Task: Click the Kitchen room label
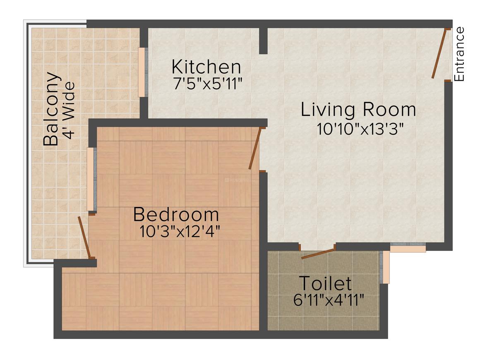point(206,67)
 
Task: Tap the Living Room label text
point(358,110)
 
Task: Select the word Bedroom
point(176,215)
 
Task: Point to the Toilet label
point(325,284)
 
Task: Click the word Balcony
point(51,109)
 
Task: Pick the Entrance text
point(459,54)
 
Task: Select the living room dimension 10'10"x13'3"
point(360,128)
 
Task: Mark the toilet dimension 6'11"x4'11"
point(329,300)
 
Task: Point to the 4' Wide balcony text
point(69,110)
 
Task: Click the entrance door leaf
point(439,53)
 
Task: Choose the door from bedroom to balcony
point(84,237)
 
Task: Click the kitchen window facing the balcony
point(142,72)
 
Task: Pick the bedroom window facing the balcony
point(91,179)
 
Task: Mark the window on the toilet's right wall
point(385,267)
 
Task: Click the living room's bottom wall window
point(408,247)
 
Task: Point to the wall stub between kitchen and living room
point(263,41)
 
